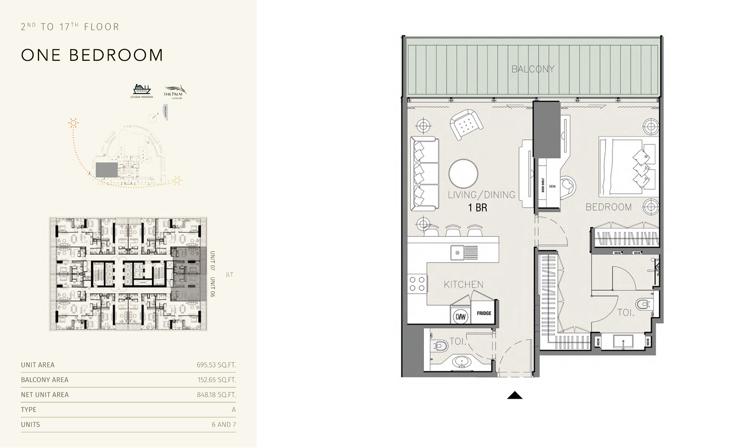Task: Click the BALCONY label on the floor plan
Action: click(x=533, y=69)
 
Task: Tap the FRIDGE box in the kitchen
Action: click(x=484, y=313)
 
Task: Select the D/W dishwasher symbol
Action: click(x=461, y=316)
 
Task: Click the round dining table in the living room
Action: click(x=463, y=174)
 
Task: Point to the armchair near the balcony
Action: click(x=466, y=124)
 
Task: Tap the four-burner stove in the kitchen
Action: click(x=417, y=284)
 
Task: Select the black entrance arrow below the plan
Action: click(x=514, y=395)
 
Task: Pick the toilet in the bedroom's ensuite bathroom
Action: click(x=644, y=304)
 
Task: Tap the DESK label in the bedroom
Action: click(x=552, y=187)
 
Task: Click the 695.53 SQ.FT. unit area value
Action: click(x=216, y=365)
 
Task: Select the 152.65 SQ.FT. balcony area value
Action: click(x=216, y=380)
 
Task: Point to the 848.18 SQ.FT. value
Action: click(x=216, y=395)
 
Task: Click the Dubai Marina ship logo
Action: click(x=142, y=90)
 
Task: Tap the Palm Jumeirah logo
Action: click(x=174, y=92)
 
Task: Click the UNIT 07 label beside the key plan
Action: click(x=213, y=261)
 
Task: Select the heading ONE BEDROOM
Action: click(x=92, y=55)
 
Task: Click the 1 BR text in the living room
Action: click(x=477, y=208)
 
